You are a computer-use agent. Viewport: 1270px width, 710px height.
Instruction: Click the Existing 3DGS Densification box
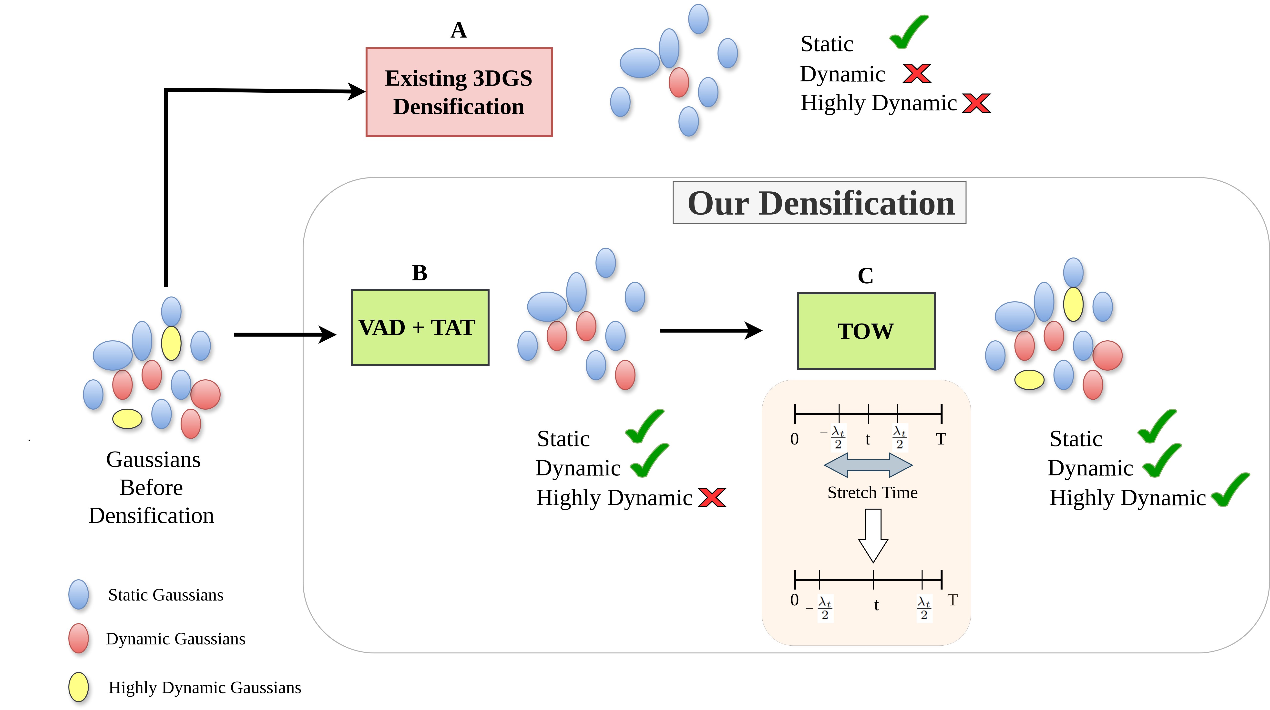click(x=459, y=92)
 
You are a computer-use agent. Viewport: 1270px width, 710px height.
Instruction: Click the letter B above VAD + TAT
click(x=420, y=273)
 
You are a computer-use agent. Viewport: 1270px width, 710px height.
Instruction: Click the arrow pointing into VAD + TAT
click(x=285, y=335)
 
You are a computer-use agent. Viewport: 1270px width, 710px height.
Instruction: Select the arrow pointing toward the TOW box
click(x=711, y=331)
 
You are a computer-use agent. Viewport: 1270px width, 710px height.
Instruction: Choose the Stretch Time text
click(x=873, y=493)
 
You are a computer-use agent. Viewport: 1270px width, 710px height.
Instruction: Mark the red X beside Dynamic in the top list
click(x=917, y=73)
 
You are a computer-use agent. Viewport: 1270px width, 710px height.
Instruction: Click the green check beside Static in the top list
click(x=910, y=32)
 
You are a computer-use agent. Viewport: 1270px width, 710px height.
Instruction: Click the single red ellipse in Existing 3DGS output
click(x=679, y=82)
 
